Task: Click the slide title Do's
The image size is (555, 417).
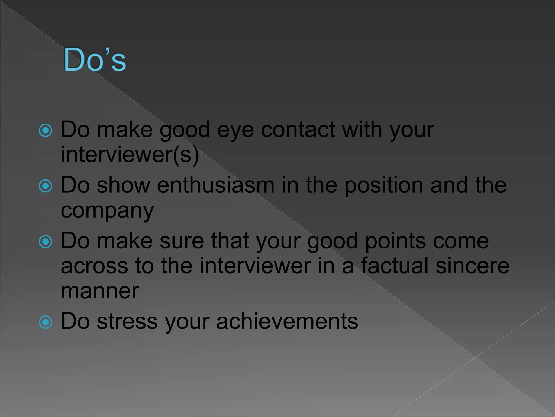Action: tap(95, 60)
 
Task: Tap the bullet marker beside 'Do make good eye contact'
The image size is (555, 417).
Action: tap(46, 131)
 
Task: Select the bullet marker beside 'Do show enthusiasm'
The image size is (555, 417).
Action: tap(46, 186)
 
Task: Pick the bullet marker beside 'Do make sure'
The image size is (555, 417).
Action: tap(46, 242)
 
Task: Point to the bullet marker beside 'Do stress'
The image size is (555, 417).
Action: tap(46, 322)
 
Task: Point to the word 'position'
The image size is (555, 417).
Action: tap(384, 186)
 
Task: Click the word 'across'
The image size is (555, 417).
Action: tap(94, 266)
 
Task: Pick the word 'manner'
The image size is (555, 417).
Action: tap(100, 291)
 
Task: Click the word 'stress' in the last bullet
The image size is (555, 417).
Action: tap(127, 322)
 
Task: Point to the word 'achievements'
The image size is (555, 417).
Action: tap(287, 321)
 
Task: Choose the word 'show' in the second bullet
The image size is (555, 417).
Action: tap(123, 185)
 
